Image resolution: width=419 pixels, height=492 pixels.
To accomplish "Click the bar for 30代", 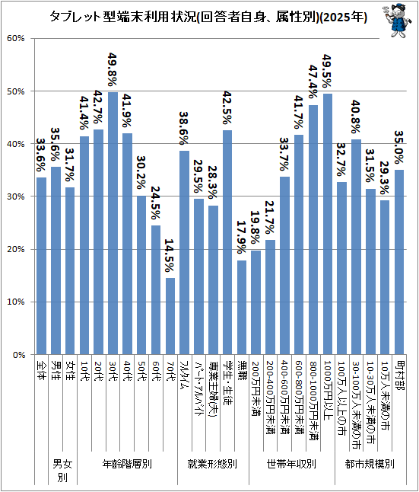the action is pyautogui.click(x=113, y=223).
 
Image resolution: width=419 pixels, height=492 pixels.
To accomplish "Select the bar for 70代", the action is pyautogui.click(x=170, y=316).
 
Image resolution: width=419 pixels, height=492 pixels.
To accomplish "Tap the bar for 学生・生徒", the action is pyautogui.click(x=227, y=242).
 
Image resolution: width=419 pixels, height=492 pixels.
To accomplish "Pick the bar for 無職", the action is pyautogui.click(x=242, y=307).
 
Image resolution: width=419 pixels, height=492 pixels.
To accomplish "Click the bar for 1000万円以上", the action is pyautogui.click(x=328, y=224).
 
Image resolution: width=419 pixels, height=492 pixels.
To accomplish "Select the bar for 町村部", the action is pyautogui.click(x=399, y=262).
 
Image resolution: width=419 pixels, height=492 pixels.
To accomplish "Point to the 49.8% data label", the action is pyautogui.click(x=113, y=69).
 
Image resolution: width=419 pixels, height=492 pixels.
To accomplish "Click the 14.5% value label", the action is pyautogui.click(x=170, y=255).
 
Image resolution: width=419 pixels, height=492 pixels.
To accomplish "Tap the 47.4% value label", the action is pyautogui.click(x=313, y=82).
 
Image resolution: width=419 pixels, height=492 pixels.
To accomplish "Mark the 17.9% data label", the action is pyautogui.click(x=242, y=237).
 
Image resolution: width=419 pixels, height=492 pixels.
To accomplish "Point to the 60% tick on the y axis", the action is pyautogui.click(x=16, y=38).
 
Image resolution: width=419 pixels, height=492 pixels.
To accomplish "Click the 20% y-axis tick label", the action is pyautogui.click(x=16, y=249).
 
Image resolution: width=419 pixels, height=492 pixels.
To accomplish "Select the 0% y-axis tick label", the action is pyautogui.click(x=19, y=355).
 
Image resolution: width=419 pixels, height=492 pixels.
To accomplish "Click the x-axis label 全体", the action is pyautogui.click(x=41, y=370).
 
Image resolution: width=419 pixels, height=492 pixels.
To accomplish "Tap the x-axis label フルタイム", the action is pyautogui.click(x=184, y=375).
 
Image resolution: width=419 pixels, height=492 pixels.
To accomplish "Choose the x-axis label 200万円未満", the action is pyautogui.click(x=256, y=388).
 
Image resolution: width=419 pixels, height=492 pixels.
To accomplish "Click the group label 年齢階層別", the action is pyautogui.click(x=127, y=464).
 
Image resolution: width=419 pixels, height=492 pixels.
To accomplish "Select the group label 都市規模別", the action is pyautogui.click(x=370, y=464).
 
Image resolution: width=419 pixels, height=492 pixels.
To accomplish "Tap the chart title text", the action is pyautogui.click(x=208, y=17).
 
